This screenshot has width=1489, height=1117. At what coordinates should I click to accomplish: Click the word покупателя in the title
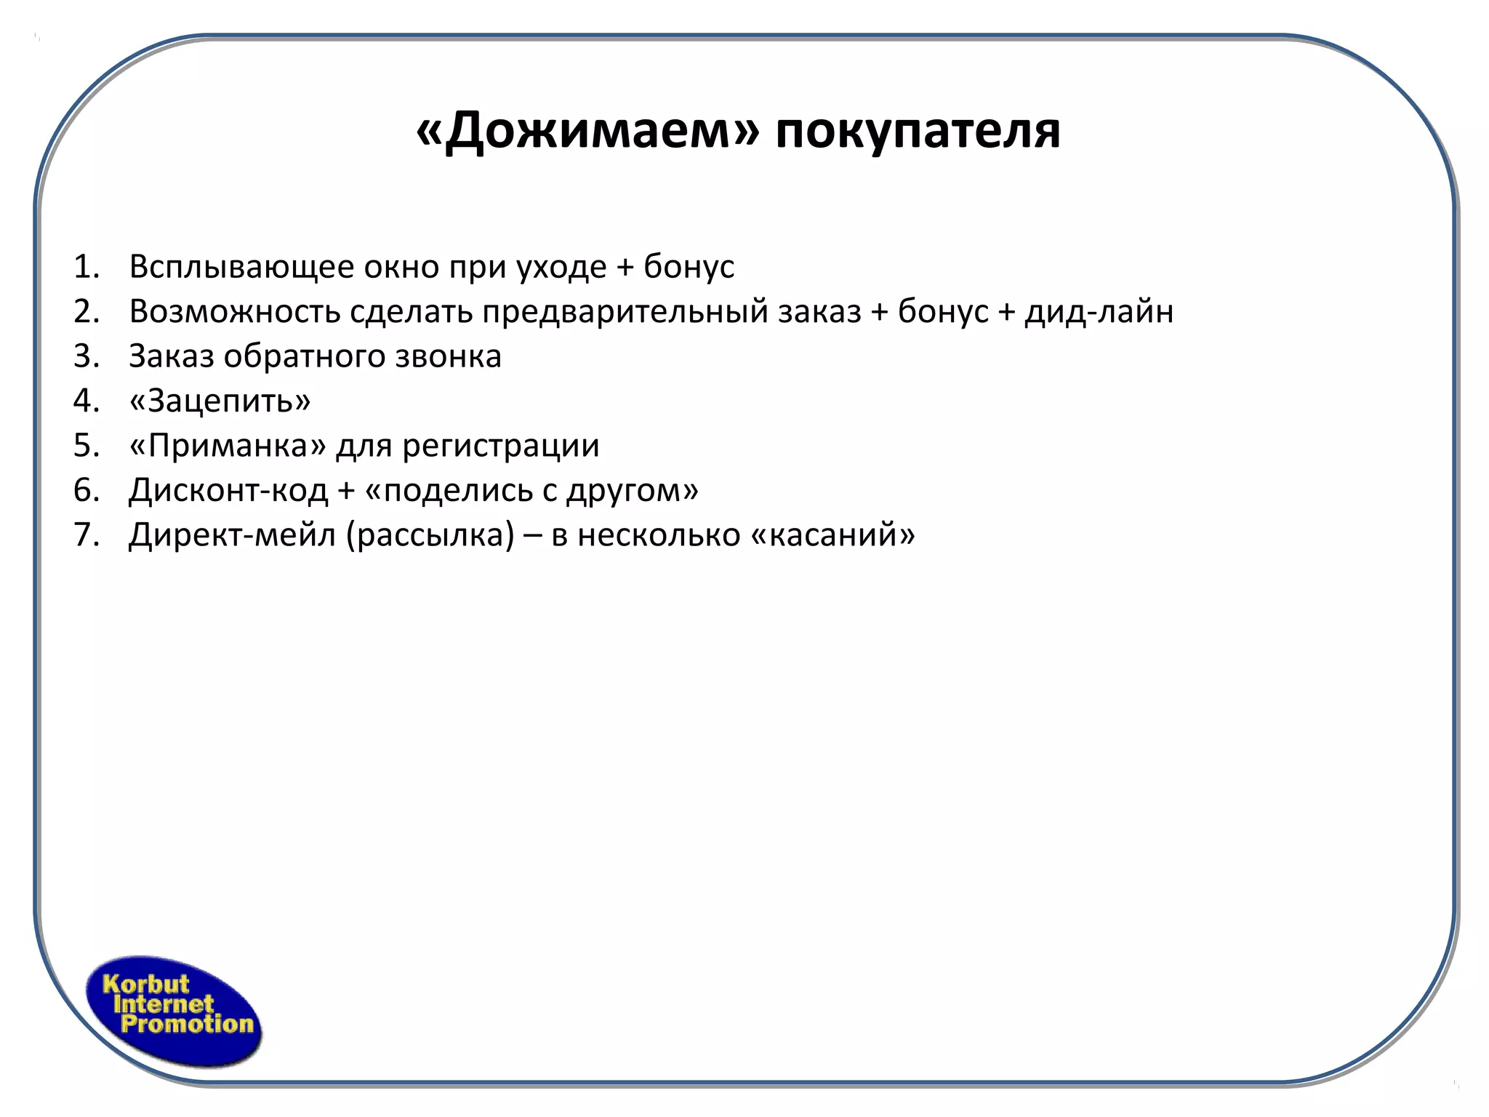(918, 132)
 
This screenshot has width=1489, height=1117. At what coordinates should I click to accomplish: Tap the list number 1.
(86, 267)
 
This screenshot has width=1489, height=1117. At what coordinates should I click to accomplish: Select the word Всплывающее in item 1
(241, 268)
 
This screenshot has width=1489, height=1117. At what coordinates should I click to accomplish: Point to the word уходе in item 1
(561, 268)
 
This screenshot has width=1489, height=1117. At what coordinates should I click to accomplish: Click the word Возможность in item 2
(234, 312)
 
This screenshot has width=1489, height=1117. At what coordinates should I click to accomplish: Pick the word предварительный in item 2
(625, 312)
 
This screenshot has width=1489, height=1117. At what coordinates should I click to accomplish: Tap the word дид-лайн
(1099, 312)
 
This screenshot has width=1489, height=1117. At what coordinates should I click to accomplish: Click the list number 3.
(86, 356)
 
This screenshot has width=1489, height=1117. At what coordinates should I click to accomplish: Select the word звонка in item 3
(448, 356)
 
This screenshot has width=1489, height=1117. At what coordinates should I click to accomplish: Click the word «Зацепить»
(220, 401)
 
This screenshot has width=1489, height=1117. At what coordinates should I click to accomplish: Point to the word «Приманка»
(228, 446)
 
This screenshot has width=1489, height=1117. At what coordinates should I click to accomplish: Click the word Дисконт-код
(228, 490)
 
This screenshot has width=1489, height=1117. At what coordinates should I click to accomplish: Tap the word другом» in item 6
(633, 490)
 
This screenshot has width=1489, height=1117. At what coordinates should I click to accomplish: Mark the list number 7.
(86, 535)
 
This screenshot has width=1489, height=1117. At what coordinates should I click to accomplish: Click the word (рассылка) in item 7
(430, 535)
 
